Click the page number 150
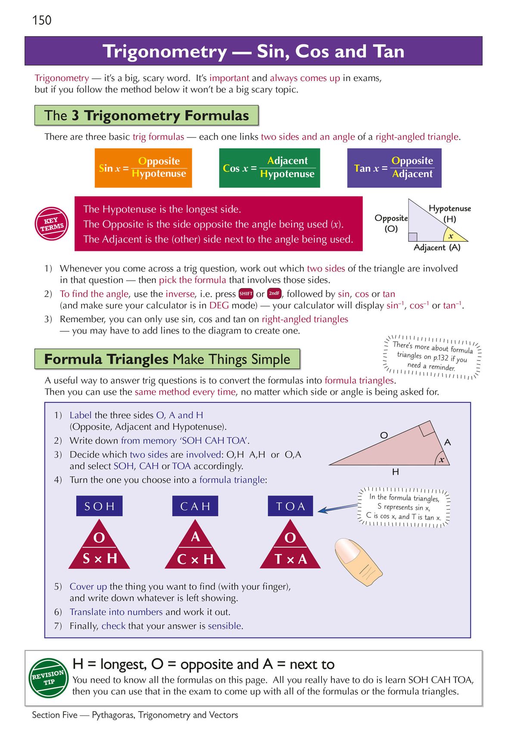pos(42,20)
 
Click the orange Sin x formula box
pos(143,168)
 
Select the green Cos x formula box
pos(269,168)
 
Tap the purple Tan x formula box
pos(394,168)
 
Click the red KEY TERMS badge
pos(52,224)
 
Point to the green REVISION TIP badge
pos(48,677)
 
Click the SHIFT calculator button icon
pos(246,294)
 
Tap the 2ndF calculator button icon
pos(274,294)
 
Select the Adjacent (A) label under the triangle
pos(437,248)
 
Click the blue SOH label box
pos(100,506)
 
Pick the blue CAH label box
pos(195,506)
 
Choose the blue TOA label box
pos(290,506)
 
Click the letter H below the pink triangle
pos(396,472)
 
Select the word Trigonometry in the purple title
pos(165,52)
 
